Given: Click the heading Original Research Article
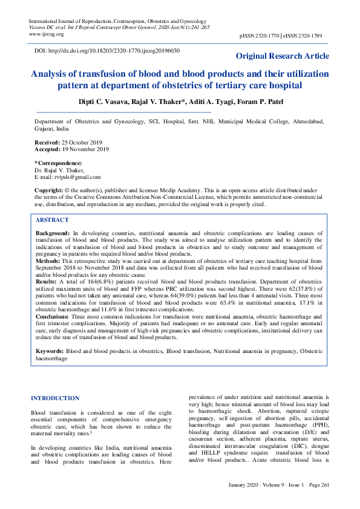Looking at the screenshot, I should [283, 56].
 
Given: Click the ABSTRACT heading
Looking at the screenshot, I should [52, 220].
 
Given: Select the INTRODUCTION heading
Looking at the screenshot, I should [54, 398].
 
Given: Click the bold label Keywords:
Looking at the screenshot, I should [50, 351].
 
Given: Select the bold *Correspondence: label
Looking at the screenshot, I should [58, 163].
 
